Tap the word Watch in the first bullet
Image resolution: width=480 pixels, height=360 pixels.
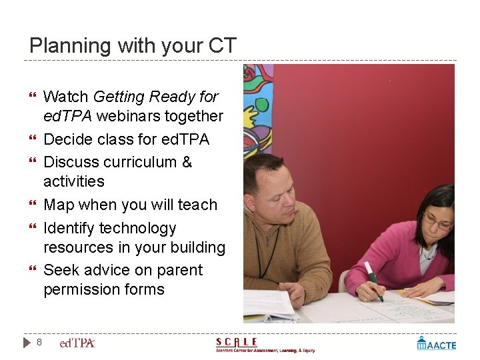pyautogui.click(x=66, y=97)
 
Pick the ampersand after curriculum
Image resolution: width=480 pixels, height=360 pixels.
pyautogui.click(x=187, y=162)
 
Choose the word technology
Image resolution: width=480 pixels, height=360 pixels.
pyautogui.click(x=138, y=228)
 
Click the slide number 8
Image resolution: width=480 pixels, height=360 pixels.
pyautogui.click(x=39, y=342)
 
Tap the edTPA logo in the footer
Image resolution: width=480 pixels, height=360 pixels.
pyautogui.click(x=77, y=343)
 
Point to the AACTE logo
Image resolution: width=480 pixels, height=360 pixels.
pyautogui.click(x=437, y=343)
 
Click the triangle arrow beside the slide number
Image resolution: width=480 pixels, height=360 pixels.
pyautogui.click(x=27, y=342)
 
